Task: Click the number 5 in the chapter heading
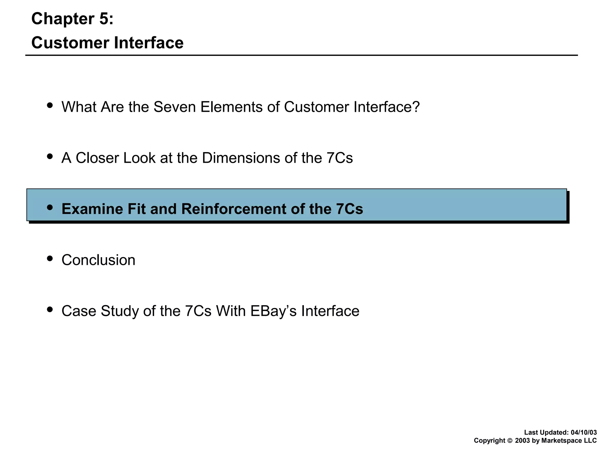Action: [104, 19]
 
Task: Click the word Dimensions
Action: [241, 158]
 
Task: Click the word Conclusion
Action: [98, 260]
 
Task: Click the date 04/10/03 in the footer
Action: [584, 433]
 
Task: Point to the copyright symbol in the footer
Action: [510, 441]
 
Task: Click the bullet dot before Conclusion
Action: [50, 258]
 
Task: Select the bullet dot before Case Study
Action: [50, 309]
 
